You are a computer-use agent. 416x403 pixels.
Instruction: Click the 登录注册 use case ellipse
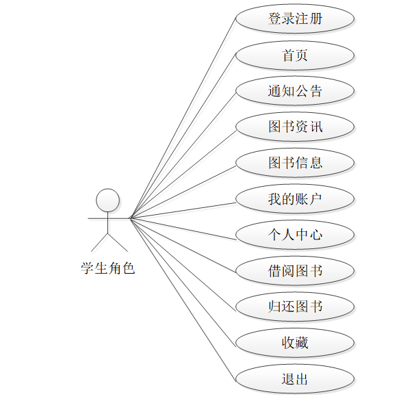[295, 19]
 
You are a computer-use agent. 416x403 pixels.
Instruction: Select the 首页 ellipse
[295, 55]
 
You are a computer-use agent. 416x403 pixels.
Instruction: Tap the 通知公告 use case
[295, 91]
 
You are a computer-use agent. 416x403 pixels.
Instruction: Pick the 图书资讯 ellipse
[295, 127]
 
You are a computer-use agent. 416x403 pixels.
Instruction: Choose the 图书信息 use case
[295, 163]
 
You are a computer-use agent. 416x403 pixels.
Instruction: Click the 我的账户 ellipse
[295, 199]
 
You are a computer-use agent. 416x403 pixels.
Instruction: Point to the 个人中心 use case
[295, 235]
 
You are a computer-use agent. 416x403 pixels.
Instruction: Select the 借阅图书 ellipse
[295, 271]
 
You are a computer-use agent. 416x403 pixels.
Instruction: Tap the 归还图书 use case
[295, 307]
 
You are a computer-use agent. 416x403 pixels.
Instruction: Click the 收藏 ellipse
[295, 343]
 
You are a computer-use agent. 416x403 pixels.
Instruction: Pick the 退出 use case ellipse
[295, 378]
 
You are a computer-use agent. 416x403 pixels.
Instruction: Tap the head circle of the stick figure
[107, 200]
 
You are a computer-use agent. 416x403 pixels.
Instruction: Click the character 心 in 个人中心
[315, 235]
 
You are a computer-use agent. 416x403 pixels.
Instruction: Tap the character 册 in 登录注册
[315, 19]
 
